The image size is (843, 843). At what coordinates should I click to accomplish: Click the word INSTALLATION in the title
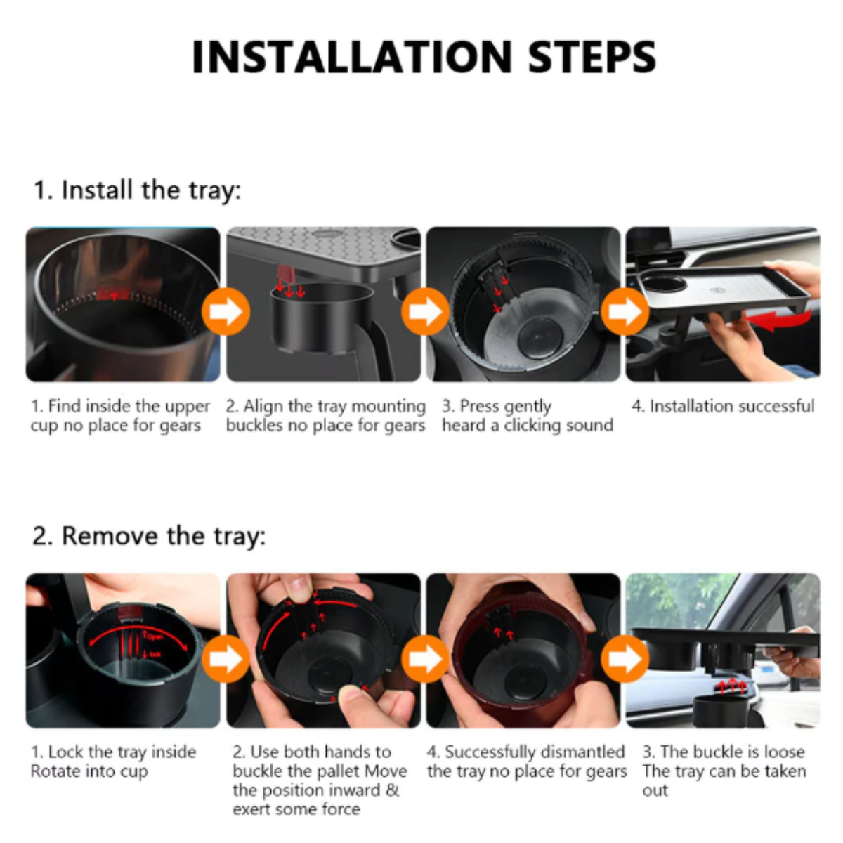(352, 58)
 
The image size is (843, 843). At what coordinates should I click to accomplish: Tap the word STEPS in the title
(592, 58)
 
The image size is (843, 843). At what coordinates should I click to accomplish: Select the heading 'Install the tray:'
(138, 191)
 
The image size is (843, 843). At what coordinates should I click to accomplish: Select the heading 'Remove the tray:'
(149, 536)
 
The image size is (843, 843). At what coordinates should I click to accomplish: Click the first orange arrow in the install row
(226, 311)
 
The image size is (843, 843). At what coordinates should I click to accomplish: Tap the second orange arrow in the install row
(425, 311)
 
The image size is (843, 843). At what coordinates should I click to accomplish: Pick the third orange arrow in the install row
(625, 311)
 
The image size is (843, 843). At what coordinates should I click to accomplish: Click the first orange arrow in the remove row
(226, 658)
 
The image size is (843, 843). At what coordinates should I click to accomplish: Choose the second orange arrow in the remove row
(425, 658)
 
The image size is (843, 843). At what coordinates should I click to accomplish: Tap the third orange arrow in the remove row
(625, 658)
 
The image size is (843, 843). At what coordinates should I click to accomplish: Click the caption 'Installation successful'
(723, 407)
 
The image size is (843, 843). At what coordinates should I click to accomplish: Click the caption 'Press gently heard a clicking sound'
(527, 416)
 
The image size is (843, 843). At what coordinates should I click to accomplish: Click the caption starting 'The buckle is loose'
(724, 771)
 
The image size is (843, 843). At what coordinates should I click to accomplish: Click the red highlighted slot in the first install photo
(113, 295)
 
